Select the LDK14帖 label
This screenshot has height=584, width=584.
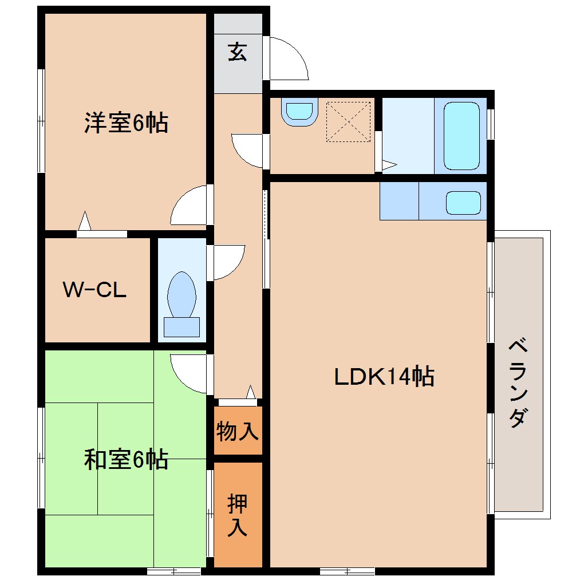(x=384, y=377)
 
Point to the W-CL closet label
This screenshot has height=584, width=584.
(x=94, y=290)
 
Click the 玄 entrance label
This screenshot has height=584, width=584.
(x=238, y=52)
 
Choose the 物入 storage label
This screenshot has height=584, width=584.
(x=238, y=431)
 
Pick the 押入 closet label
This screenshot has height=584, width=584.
(x=238, y=515)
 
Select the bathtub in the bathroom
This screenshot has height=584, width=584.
(x=461, y=136)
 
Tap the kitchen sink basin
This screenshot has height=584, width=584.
(x=463, y=202)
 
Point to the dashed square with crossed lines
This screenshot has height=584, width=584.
(x=348, y=121)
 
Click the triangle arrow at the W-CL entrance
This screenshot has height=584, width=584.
(x=85, y=221)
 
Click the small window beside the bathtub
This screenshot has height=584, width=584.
(x=490, y=124)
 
